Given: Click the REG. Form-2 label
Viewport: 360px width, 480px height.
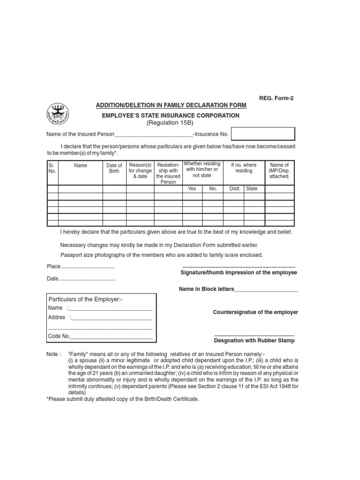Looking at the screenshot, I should pos(278,98).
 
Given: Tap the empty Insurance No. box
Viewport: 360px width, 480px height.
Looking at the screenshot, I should pos(263,134).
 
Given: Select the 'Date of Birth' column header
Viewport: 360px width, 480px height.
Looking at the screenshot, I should pos(114,168).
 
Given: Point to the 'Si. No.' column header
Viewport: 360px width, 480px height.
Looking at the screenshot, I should pos(52,168).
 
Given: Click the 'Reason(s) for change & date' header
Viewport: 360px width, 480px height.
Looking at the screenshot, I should pos(140,171).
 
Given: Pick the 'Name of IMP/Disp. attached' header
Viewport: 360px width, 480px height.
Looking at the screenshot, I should pos(279,171).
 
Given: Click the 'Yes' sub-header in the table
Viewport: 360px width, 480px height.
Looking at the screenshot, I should pos(192,188).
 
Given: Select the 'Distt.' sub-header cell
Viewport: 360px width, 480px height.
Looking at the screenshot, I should pos(234,188).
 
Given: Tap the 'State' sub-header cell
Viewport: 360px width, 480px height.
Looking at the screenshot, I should pos(252,188).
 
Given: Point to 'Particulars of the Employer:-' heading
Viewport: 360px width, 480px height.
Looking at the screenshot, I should pos(86,299).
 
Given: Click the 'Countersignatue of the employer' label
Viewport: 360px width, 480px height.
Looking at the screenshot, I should pos(255,312).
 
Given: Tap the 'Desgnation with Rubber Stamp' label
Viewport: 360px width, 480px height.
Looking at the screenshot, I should pos(255,340).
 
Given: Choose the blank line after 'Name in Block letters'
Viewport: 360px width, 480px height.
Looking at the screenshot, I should pos(266,290).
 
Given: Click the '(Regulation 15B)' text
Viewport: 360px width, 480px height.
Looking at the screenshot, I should pos(171,123).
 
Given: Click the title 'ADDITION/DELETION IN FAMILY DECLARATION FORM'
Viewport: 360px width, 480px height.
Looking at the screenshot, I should pos(171,105).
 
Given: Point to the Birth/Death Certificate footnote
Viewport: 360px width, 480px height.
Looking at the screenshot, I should pos(123,399).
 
